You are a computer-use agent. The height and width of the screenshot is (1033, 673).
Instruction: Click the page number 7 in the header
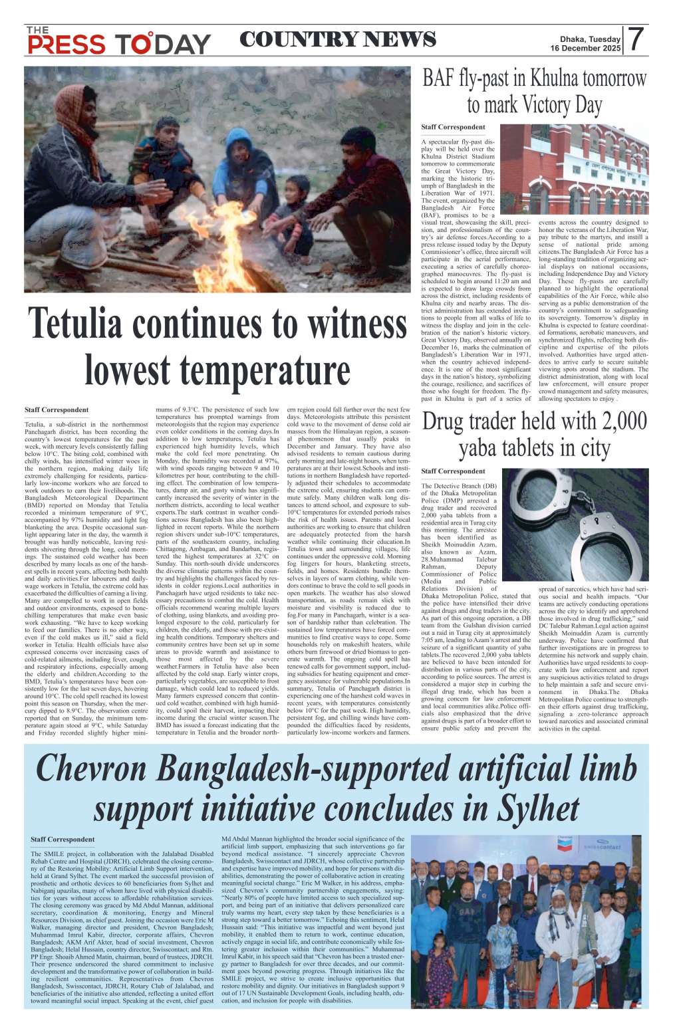pos(636,40)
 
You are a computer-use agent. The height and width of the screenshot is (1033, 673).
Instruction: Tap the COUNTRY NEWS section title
pos(337,40)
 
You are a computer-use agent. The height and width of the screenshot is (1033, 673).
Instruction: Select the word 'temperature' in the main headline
pos(265,370)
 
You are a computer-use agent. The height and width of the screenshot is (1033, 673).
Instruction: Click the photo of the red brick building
pos(574,169)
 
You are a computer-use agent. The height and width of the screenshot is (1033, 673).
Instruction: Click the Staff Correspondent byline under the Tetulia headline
pos(56,410)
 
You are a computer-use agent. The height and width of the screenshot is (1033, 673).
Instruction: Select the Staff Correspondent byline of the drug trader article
pos(453,471)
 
